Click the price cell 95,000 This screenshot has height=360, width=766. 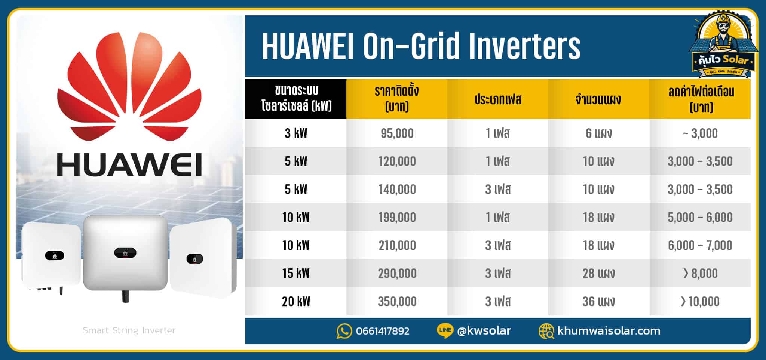pos(397,133)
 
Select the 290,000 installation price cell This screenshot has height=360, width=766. pos(397,273)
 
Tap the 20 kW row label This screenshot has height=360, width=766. pos(296,301)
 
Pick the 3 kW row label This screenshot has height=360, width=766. pos(296,133)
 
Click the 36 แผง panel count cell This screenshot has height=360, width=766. pos(598,301)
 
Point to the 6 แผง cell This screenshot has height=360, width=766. pos(598,133)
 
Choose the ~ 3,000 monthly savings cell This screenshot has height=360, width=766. pos(700,133)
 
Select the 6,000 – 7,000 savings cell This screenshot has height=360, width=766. pos(700,245)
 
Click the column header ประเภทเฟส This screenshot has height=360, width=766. pos(498,99)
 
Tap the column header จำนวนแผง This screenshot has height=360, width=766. pos(598,99)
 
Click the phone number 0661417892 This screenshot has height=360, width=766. pos(383,331)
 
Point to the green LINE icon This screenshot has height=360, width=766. pos(445,330)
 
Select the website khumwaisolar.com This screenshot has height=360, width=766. pos(609,331)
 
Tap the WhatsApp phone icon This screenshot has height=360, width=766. pos(344,331)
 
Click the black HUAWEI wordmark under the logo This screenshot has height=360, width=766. pos(129,164)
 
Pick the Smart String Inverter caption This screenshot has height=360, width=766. pos(129,330)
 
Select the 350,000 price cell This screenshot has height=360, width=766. pos(397,301)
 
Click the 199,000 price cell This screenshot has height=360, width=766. pos(397,217)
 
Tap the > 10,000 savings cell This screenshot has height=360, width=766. pos(700,301)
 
